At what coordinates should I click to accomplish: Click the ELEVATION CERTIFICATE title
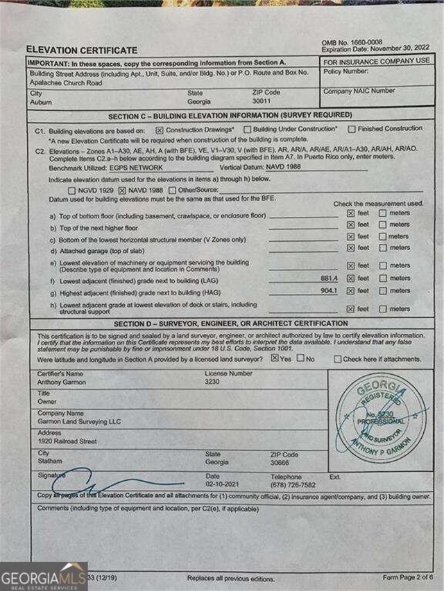(x=81, y=50)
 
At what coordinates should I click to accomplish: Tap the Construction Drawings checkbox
(x=160, y=130)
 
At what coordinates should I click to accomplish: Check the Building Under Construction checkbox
(x=248, y=129)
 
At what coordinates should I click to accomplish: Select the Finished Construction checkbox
(x=352, y=128)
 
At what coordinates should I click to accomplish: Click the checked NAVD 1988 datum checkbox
(x=123, y=189)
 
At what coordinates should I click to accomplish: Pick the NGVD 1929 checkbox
(x=72, y=189)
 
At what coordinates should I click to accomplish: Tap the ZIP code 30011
(x=262, y=101)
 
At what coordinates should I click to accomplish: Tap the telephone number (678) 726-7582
(x=293, y=486)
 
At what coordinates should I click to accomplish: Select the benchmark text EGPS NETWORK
(x=137, y=168)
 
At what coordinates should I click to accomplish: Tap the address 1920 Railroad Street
(x=67, y=441)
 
